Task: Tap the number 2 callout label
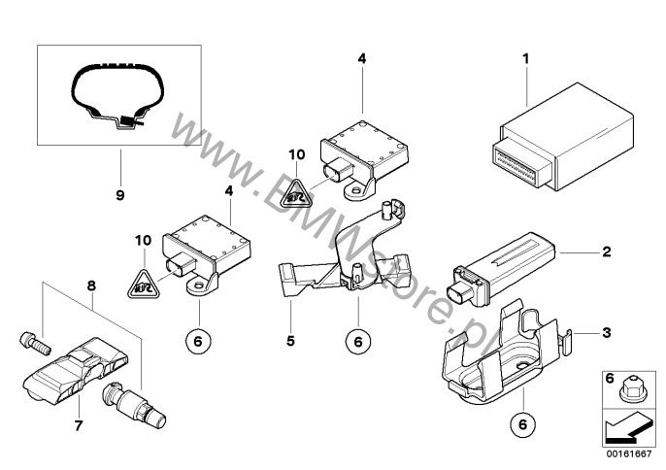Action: pyautogui.click(x=606, y=252)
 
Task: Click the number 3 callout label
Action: pyautogui.click(x=606, y=333)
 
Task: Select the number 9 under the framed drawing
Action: pyautogui.click(x=120, y=195)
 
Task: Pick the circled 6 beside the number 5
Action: pyautogui.click(x=356, y=341)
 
